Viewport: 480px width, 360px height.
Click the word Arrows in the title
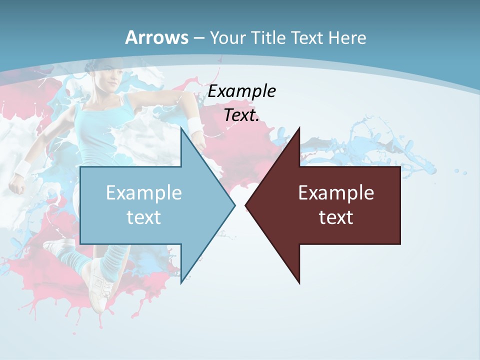tap(156, 37)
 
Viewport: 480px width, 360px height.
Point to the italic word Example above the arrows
tap(242, 91)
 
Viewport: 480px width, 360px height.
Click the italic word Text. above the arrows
tap(242, 115)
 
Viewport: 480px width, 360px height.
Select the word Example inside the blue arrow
tap(144, 192)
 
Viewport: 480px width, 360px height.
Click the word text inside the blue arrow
tap(144, 217)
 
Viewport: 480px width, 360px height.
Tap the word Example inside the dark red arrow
tap(336, 192)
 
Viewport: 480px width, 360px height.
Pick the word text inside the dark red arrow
tap(336, 217)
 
